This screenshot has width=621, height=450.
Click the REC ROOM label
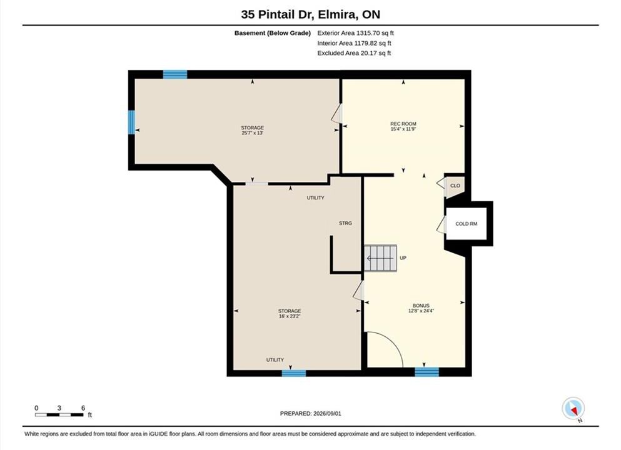[x=403, y=124]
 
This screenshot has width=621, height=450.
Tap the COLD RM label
[x=466, y=224]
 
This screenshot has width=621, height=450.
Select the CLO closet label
[x=455, y=186]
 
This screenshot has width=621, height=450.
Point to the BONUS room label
[x=421, y=306]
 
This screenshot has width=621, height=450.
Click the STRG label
[x=345, y=223]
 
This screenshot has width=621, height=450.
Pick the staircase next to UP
[x=380, y=259]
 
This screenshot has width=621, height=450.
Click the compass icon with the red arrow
[x=573, y=409]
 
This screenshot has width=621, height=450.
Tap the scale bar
[x=59, y=415]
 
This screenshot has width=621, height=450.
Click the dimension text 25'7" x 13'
[x=252, y=133]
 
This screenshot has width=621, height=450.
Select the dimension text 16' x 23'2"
[x=290, y=316]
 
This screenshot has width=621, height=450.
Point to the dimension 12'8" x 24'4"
[x=421, y=311]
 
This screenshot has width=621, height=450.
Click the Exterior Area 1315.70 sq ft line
[x=355, y=33]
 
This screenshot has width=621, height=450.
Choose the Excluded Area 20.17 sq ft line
[x=354, y=53]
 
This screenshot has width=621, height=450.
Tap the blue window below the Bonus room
[x=427, y=372]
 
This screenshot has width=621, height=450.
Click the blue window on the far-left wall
[x=131, y=122]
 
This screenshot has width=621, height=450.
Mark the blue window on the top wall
[x=175, y=74]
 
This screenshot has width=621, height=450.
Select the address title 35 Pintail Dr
[x=277, y=14]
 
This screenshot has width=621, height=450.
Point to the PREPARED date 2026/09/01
[x=327, y=414]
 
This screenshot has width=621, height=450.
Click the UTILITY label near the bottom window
[x=275, y=360]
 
